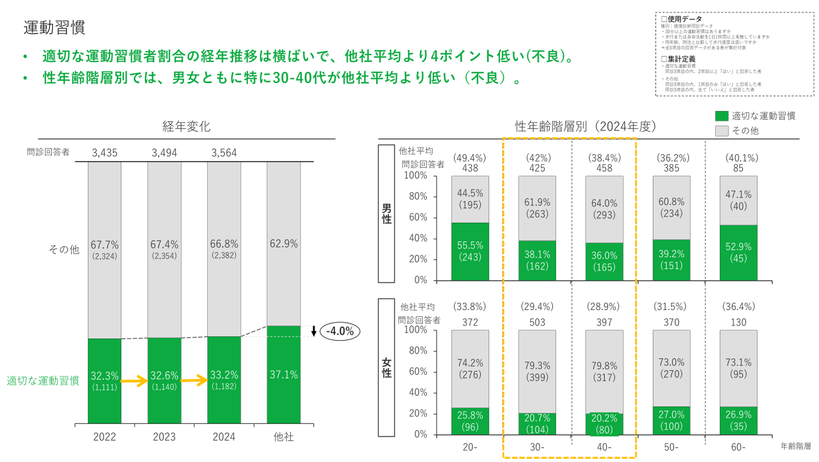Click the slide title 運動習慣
click(x=54, y=27)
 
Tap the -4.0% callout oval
click(x=340, y=331)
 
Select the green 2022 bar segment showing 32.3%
click(x=104, y=381)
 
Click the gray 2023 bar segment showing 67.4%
click(x=164, y=249)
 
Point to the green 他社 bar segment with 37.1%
click(x=284, y=374)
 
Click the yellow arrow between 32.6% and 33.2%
click(x=194, y=381)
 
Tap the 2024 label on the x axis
click(x=224, y=437)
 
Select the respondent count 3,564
click(x=224, y=153)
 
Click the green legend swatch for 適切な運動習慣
click(x=722, y=116)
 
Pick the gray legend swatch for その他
click(x=722, y=131)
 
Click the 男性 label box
click(x=386, y=214)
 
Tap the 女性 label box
click(x=386, y=368)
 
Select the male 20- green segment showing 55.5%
click(x=470, y=251)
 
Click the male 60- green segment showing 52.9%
click(x=738, y=253)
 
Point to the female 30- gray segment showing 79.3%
click(x=537, y=371)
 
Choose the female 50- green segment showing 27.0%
click(x=671, y=421)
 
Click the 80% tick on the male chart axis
click(x=418, y=196)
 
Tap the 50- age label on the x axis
click(x=671, y=447)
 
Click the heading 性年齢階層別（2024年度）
click(x=586, y=127)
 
